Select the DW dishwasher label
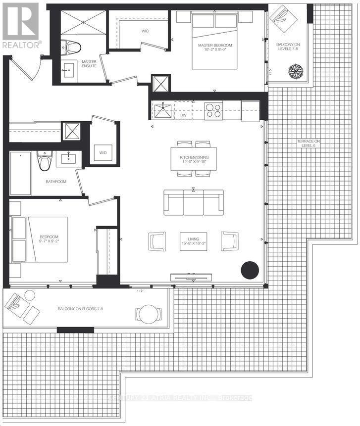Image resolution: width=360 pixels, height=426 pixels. pyautogui.click(x=183, y=115)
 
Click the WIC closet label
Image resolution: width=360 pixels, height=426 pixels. pyautogui.click(x=145, y=31)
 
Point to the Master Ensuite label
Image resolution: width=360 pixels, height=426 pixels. pyautogui.click(x=89, y=64)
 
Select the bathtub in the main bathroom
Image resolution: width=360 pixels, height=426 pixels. pyautogui.click(x=20, y=173)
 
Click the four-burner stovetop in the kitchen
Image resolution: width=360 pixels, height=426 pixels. pyautogui.click(x=213, y=110)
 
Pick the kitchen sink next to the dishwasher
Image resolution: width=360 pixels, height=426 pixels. pyautogui.click(x=162, y=110)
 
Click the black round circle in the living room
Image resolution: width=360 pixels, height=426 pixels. pyautogui.click(x=250, y=271)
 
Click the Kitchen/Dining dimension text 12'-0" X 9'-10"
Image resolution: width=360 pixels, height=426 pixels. pyautogui.click(x=194, y=162)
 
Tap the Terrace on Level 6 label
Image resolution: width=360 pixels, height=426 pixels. pyautogui.click(x=309, y=143)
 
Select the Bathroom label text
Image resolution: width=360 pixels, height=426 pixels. pyautogui.click(x=56, y=182)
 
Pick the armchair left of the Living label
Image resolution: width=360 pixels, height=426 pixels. pyautogui.click(x=157, y=241)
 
